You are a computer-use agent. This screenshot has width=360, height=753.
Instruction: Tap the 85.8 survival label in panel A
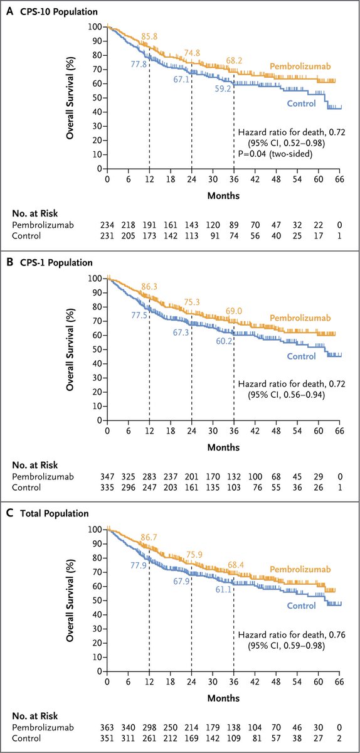tap(149, 36)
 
